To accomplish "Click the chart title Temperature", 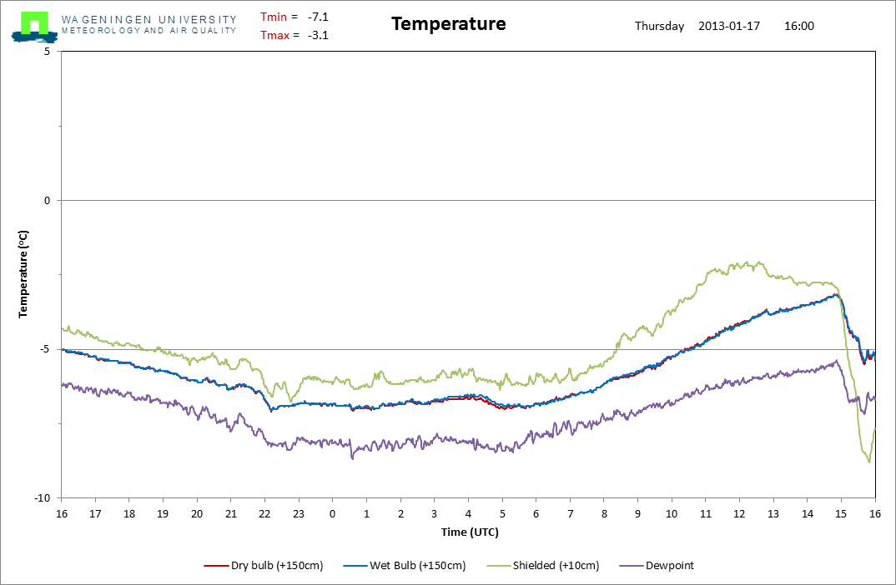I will click(448, 24).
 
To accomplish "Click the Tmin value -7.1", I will click(318, 17).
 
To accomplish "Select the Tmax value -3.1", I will click(318, 35).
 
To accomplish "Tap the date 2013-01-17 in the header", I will click(728, 26).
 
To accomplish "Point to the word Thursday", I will click(659, 26).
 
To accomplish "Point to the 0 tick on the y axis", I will click(48, 201).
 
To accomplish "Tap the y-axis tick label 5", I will click(48, 52).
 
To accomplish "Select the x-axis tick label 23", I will click(298, 513).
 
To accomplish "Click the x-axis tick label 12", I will click(738, 513).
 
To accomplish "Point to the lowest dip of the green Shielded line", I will click(868, 462).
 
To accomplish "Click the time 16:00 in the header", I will click(799, 26).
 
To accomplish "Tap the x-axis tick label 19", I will click(163, 513).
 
